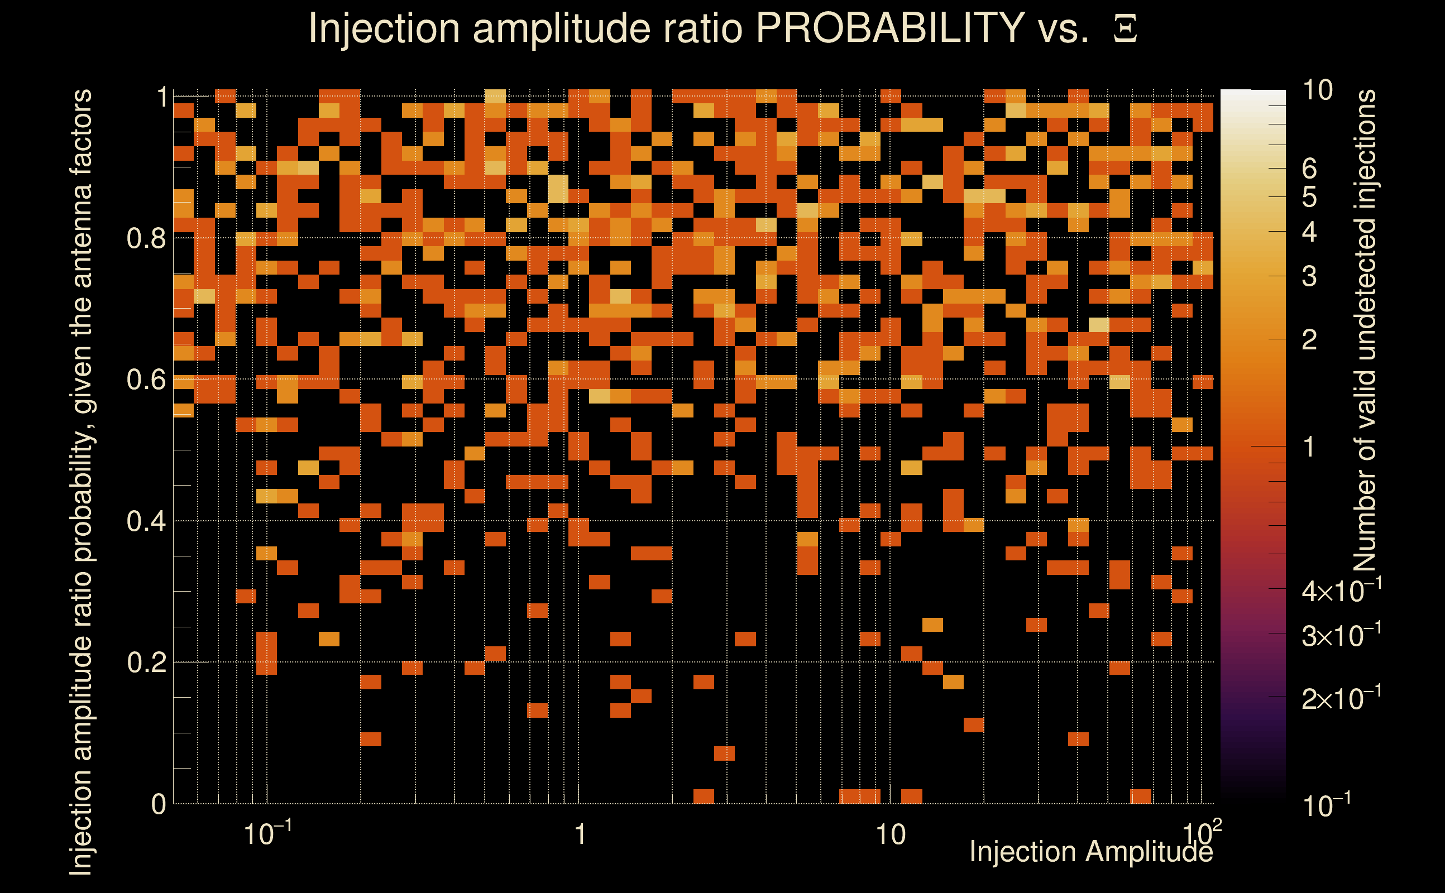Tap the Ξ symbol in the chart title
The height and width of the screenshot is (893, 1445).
pos(1125,29)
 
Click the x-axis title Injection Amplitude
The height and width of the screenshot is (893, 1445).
pos(1090,852)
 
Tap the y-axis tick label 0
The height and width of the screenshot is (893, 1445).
pos(159,804)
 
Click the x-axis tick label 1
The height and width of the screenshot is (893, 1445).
pos(580,834)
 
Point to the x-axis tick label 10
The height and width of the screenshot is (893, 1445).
pos(889,834)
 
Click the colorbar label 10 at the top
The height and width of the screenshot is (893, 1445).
pos(1317,90)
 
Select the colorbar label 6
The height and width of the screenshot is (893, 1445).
pos(1309,169)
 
